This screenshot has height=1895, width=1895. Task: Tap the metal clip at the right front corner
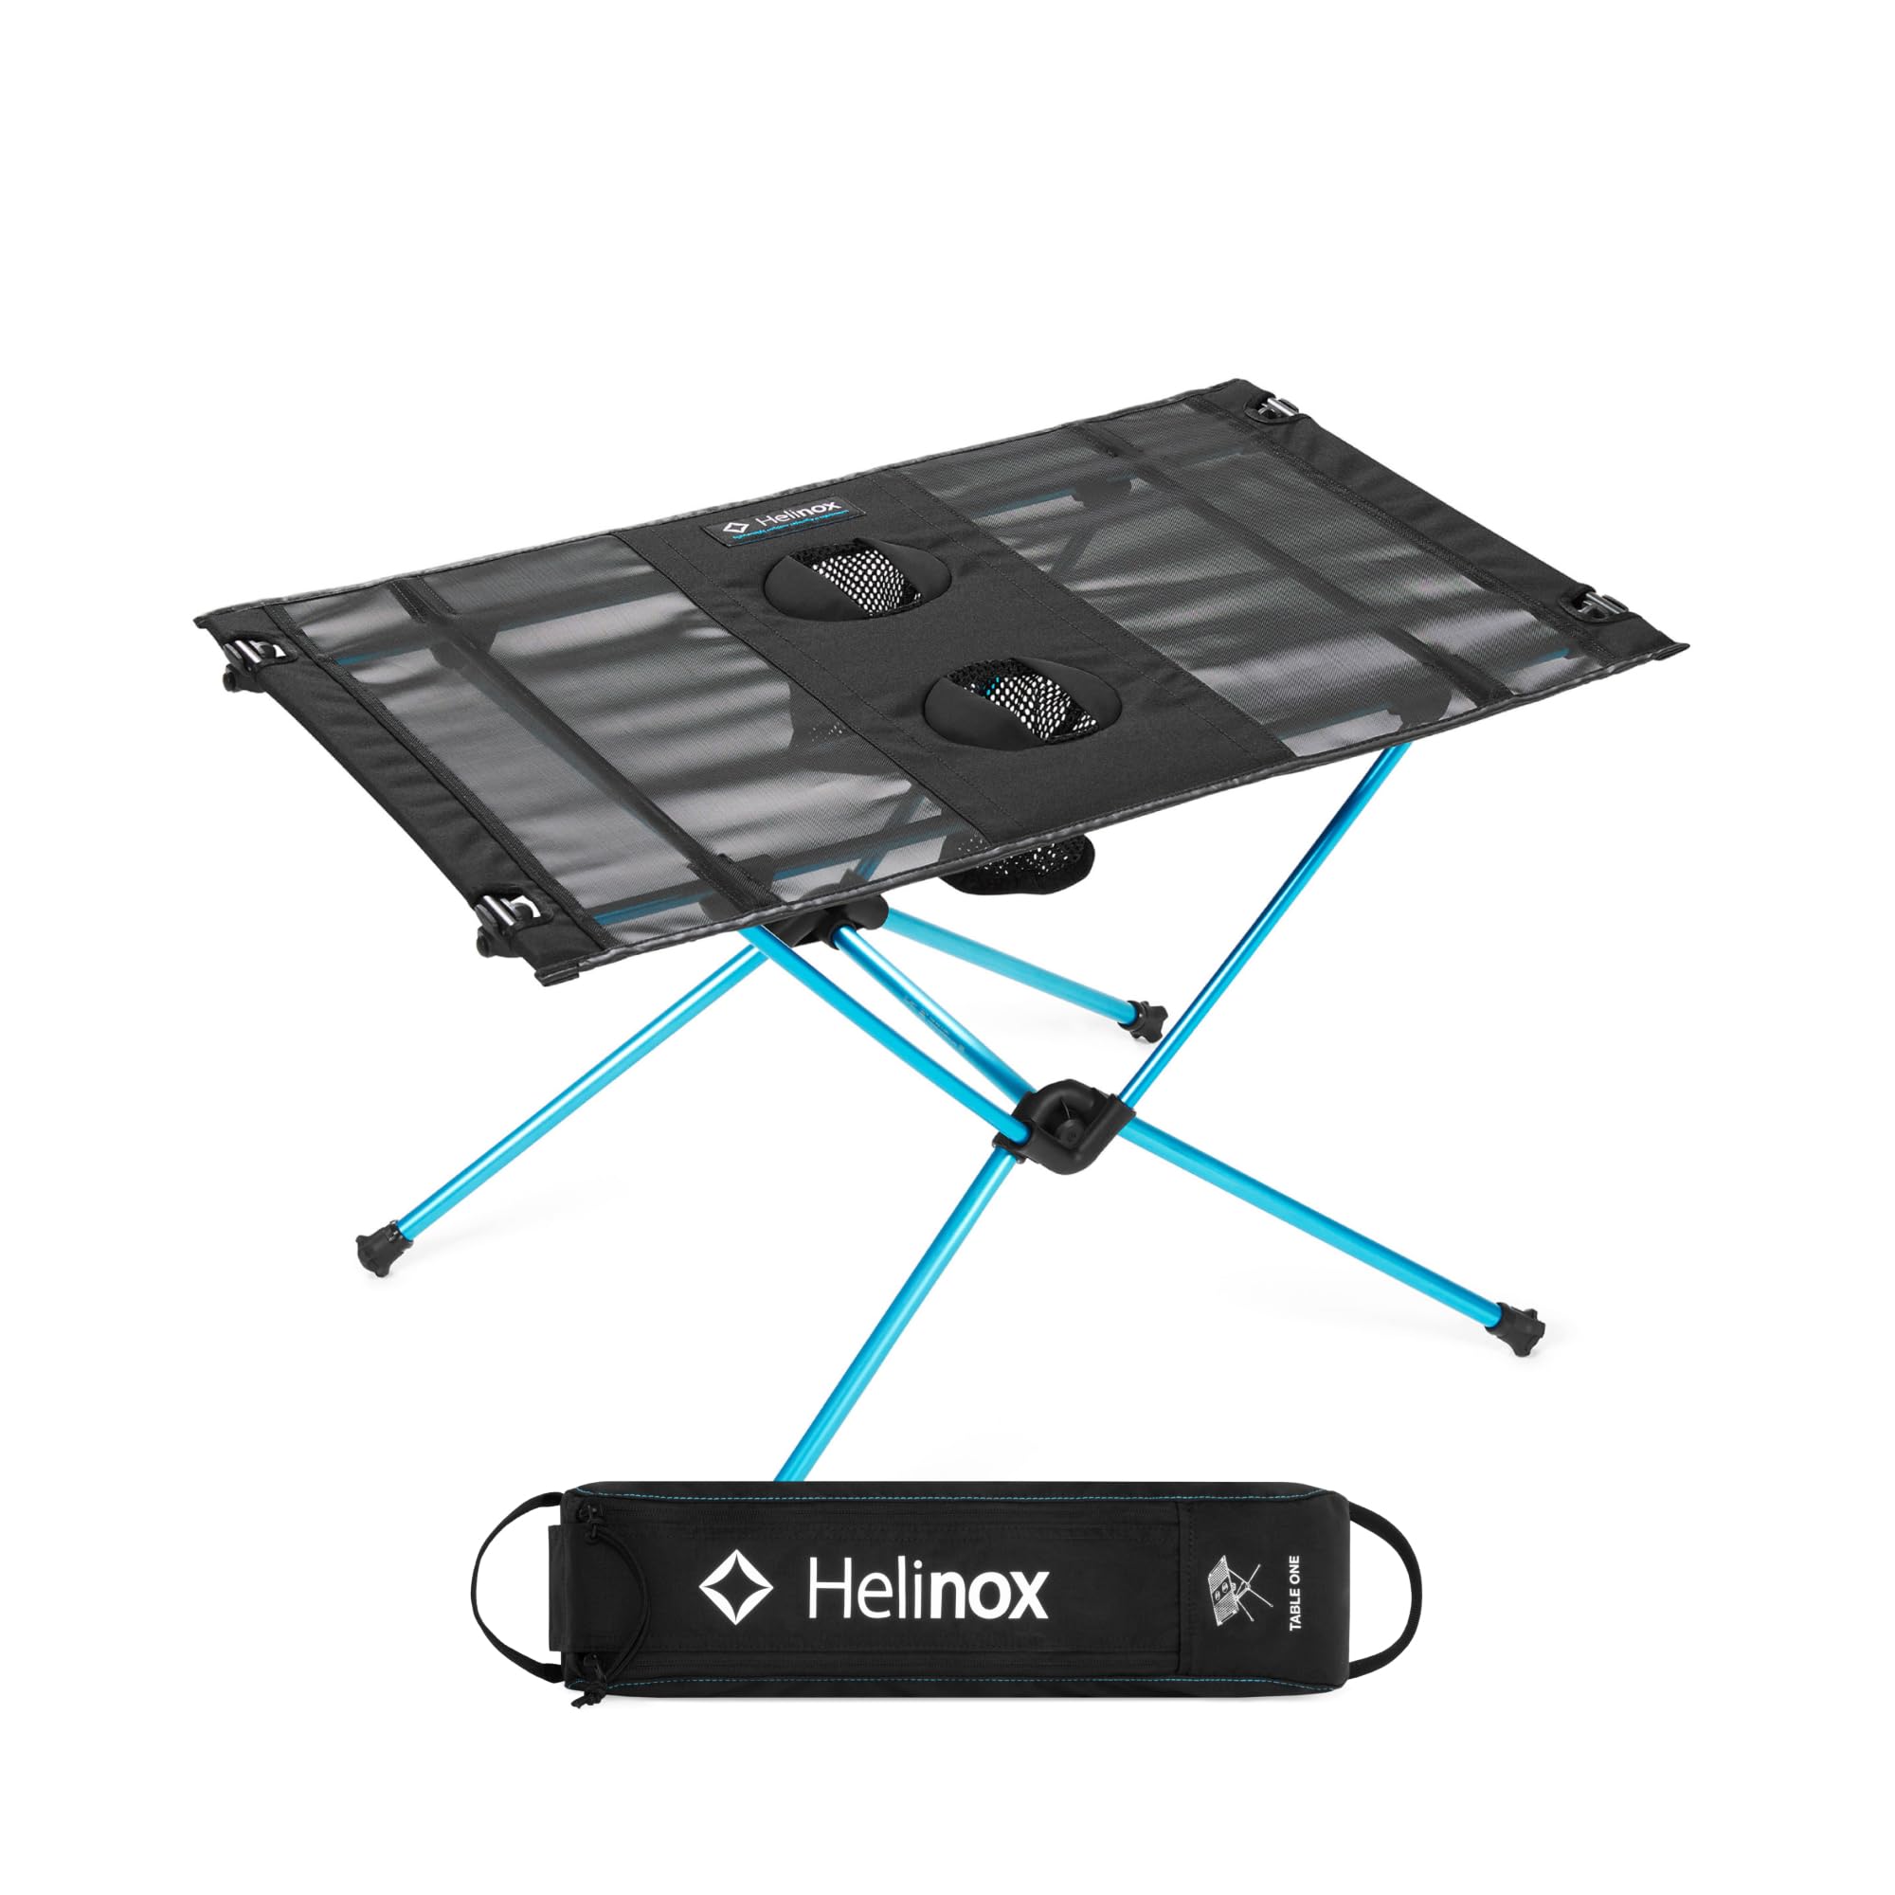point(1597,607)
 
